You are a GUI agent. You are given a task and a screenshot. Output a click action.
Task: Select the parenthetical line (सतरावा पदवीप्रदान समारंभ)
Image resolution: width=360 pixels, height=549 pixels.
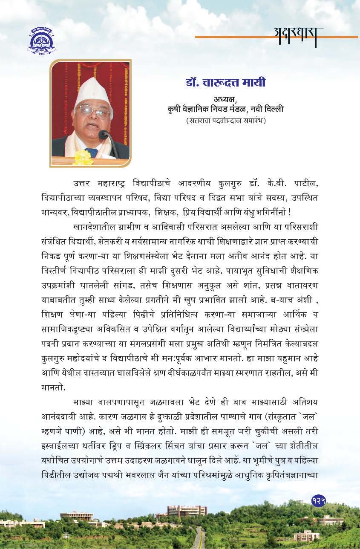click(x=226, y=121)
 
